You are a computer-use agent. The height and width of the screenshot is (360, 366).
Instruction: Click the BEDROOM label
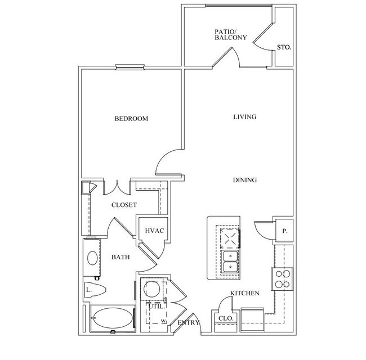131,119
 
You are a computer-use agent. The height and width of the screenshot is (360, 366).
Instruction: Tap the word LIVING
245,117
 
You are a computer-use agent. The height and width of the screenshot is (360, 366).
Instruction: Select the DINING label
245,180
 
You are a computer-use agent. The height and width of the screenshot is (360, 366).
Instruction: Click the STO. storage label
284,47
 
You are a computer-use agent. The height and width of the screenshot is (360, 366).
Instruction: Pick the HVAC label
154,231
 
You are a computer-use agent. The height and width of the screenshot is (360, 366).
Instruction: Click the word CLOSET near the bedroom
124,205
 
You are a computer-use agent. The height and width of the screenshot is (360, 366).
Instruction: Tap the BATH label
120,257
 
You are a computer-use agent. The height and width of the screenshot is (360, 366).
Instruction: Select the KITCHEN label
244,293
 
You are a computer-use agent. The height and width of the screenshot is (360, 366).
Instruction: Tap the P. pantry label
284,231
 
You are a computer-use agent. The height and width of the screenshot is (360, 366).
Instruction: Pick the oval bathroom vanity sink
93,258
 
